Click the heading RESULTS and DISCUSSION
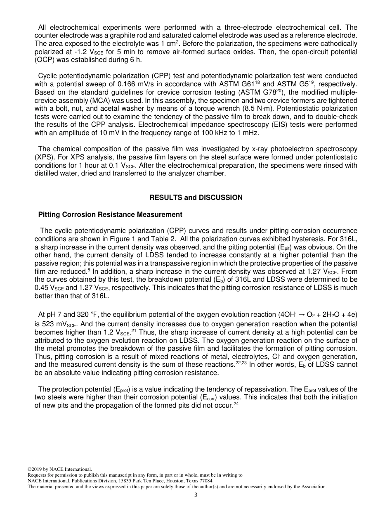click(x=196, y=197)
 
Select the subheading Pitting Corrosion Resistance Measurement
click(x=110, y=214)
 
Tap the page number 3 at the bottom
click(x=196, y=495)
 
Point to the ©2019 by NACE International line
click(x=59, y=469)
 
